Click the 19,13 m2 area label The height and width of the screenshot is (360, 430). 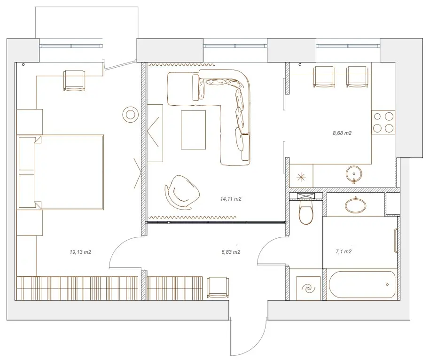(x=80, y=252)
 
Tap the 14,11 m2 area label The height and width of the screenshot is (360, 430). (x=231, y=199)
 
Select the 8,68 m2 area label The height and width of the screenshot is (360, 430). (x=342, y=133)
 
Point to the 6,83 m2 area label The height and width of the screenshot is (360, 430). (x=231, y=252)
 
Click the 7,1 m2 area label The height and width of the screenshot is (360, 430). (x=344, y=251)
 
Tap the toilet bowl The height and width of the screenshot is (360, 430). (x=305, y=212)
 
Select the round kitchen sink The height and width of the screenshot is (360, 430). (x=354, y=174)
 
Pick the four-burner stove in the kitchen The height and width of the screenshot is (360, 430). (x=383, y=122)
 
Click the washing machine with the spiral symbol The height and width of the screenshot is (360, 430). (x=308, y=288)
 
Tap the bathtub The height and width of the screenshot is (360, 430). (x=362, y=285)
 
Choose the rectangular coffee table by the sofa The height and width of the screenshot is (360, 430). (x=193, y=130)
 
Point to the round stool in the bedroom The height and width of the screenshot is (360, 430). (x=130, y=114)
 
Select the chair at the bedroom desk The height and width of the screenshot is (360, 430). (x=74, y=80)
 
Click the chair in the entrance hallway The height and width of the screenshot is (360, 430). (x=218, y=287)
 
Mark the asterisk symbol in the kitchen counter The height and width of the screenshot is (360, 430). (x=301, y=177)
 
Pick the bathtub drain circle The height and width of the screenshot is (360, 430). (x=387, y=285)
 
